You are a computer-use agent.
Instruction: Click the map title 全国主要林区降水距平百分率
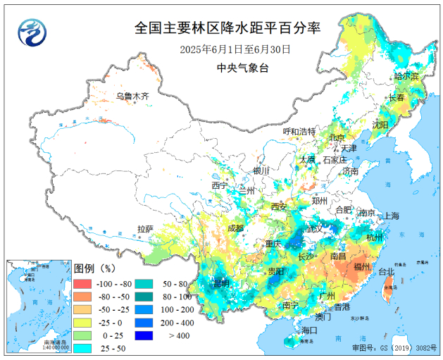(227, 28)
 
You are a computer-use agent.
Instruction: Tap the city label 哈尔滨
(406, 76)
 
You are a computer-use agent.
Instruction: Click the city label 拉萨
(145, 229)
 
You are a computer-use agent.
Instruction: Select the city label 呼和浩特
(299, 132)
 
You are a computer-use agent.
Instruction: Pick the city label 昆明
(221, 283)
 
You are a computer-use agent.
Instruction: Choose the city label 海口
(309, 330)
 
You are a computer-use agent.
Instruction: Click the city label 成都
(236, 228)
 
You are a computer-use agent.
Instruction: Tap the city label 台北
(387, 271)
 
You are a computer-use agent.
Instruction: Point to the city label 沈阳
(380, 125)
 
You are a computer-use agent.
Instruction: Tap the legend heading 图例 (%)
(94, 268)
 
